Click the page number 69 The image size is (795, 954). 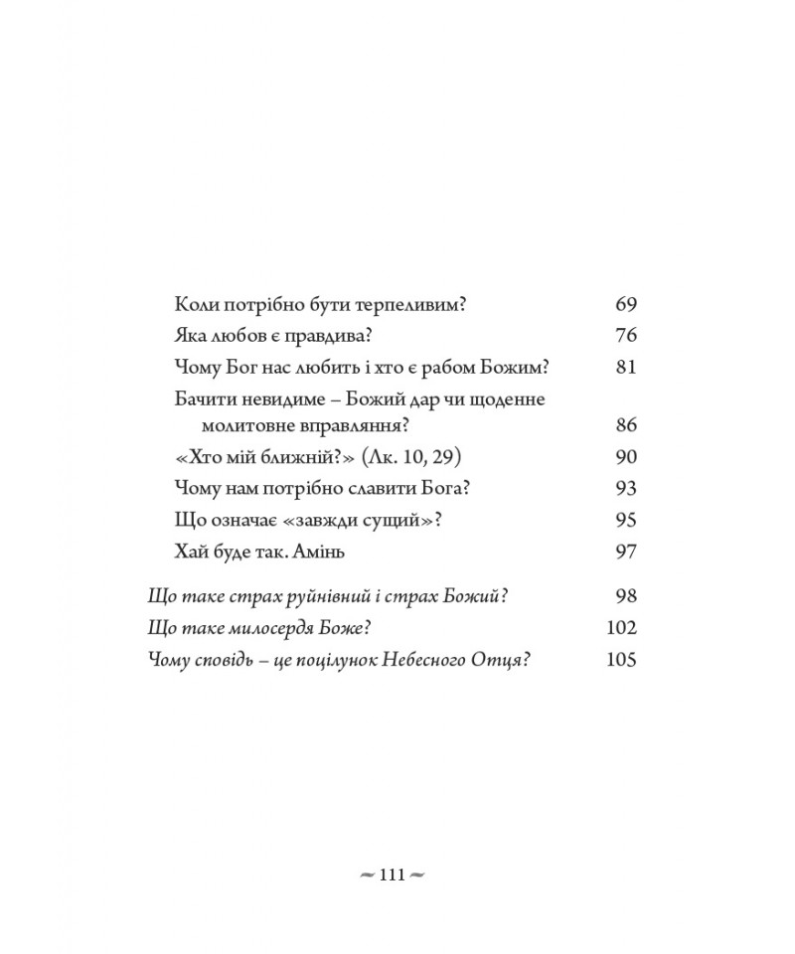[625, 304]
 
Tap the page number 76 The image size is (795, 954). [625, 335]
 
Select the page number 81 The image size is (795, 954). [625, 367]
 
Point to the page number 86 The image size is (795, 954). [625, 426]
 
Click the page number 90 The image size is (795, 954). [625, 457]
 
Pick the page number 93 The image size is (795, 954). [625, 488]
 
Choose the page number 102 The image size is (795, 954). [620, 628]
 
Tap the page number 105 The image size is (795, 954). [620, 660]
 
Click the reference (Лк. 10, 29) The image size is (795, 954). [412, 457]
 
